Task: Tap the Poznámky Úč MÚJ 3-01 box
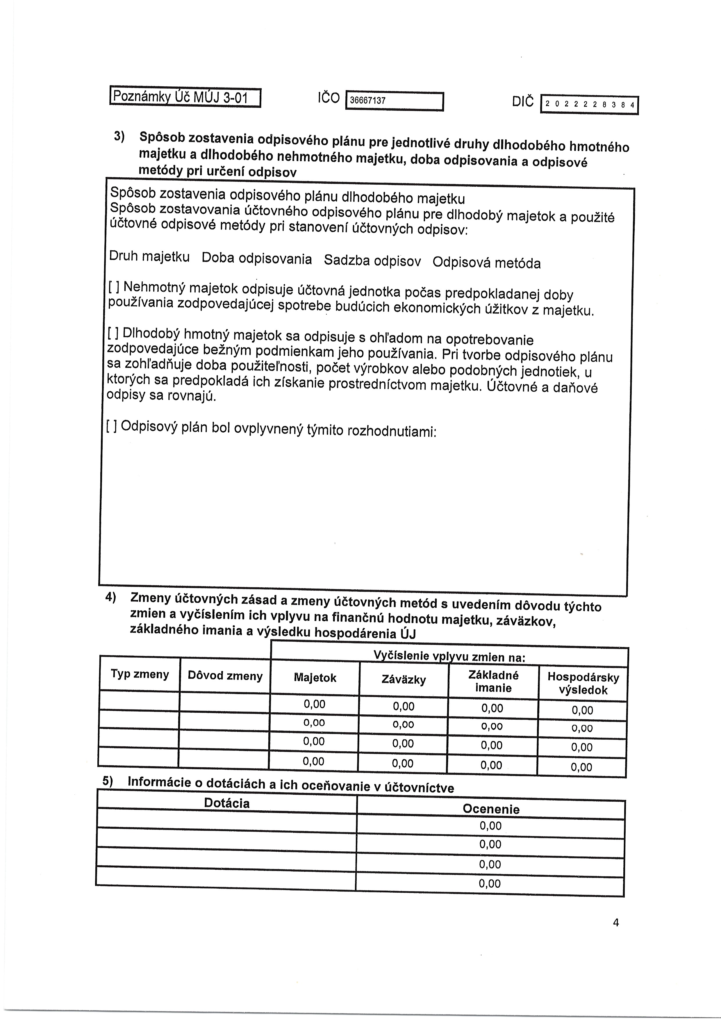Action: [185, 97]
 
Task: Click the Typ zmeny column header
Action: [140, 674]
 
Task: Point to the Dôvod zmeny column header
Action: [225, 676]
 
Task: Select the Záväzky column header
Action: [404, 679]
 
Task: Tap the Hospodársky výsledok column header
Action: [583, 683]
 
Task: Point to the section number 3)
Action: [119, 136]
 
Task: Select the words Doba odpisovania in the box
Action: [257, 258]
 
